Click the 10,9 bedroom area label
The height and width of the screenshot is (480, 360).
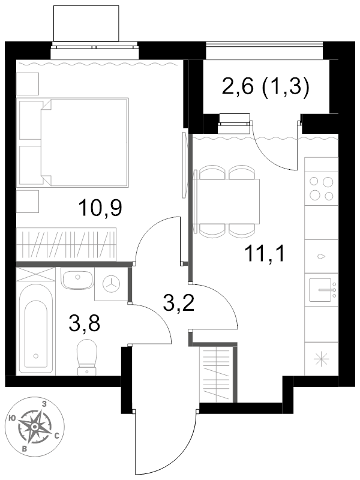[100, 208]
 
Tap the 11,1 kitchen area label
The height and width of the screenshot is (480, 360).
[265, 254]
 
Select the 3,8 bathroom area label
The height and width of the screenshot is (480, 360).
[85, 323]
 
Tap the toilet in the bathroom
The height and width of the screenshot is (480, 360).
[87, 357]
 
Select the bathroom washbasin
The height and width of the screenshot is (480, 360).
[77, 279]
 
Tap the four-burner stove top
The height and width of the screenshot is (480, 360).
[321, 188]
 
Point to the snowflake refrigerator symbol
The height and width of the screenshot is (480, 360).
[322, 359]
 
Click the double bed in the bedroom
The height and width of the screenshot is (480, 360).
[73, 143]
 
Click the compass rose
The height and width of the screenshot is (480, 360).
[35, 426]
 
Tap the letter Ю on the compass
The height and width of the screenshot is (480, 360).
[13, 418]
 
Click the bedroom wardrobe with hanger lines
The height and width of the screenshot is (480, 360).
[67, 244]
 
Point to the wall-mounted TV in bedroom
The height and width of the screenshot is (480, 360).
[184, 164]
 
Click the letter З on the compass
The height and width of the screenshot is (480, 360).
[44, 404]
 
